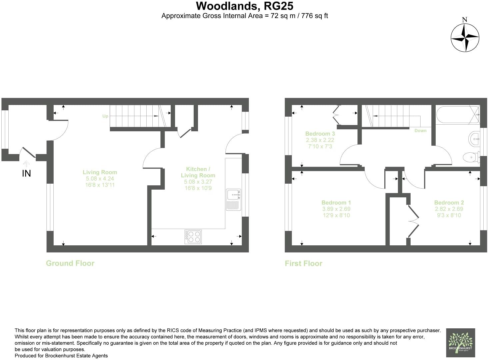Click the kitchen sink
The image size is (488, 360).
[x=233, y=199]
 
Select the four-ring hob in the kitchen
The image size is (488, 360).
[x=193, y=236]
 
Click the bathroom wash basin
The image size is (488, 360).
[x=474, y=139]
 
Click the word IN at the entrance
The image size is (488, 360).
[x=26, y=173]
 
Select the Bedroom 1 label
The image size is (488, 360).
[x=336, y=202]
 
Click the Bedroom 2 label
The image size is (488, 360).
[x=449, y=202]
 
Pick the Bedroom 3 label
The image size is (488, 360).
[x=320, y=134]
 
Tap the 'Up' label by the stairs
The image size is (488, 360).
[x=105, y=116]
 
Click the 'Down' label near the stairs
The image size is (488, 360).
[x=420, y=131]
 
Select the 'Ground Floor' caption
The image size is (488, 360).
[x=70, y=263]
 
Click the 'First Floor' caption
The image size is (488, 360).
[x=303, y=263]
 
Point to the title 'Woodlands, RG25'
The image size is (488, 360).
[x=244, y=6]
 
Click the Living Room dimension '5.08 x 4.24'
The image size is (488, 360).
[x=100, y=179]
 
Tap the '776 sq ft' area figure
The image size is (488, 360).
[x=314, y=16]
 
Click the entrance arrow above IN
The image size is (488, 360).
[x=26, y=163]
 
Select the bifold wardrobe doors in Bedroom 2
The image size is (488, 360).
[x=413, y=220]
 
